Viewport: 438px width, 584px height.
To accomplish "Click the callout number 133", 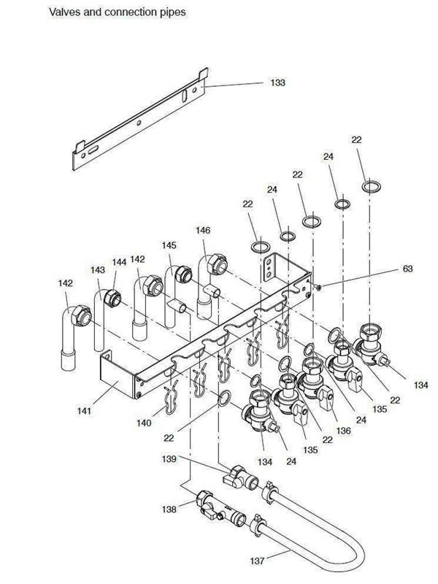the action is click(x=277, y=82).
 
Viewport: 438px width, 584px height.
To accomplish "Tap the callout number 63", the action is click(x=408, y=269).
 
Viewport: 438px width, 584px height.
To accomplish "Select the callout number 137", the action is click(x=257, y=561).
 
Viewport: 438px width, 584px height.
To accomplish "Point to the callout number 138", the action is click(x=169, y=509).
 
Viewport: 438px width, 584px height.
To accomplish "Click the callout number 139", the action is click(x=169, y=458).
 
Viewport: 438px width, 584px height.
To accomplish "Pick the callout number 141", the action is click(x=84, y=411).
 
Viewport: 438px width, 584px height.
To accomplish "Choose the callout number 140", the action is click(x=144, y=423).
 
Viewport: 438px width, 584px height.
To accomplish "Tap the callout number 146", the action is click(x=203, y=230).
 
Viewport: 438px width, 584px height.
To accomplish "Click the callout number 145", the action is click(x=169, y=245).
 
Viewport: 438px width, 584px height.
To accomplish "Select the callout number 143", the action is click(x=98, y=269).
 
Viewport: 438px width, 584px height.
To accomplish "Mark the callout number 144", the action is click(x=119, y=262).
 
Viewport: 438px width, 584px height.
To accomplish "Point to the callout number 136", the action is click(x=343, y=431).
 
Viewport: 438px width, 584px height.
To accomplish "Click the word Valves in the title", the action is click(x=64, y=12).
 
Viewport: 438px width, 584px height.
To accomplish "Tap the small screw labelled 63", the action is click(x=317, y=287).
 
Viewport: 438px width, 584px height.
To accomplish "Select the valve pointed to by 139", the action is click(x=239, y=477).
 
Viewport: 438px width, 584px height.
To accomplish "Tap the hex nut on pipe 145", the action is click(x=183, y=274).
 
